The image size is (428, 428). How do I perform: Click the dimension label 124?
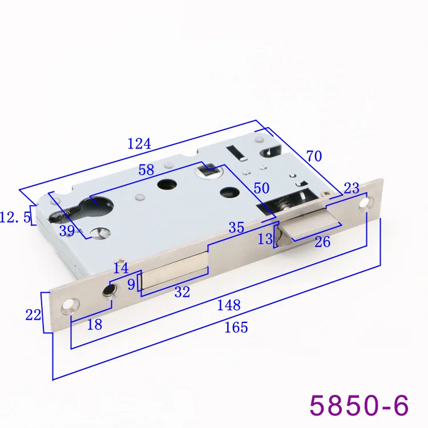tap(139, 144)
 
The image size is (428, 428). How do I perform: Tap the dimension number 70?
tap(314, 156)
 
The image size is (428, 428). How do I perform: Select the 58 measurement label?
tap(146, 170)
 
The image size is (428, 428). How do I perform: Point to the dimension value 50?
tap(261, 188)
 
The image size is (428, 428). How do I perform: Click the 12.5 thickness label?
tap(15, 217)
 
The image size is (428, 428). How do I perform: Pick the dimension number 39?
tap(67, 231)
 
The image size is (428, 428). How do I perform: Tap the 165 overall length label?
tap(236, 328)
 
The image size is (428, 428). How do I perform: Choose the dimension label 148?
tap(229, 305)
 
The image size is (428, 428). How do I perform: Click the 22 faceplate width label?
tap(33, 315)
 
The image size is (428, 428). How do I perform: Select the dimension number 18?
tap(94, 325)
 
